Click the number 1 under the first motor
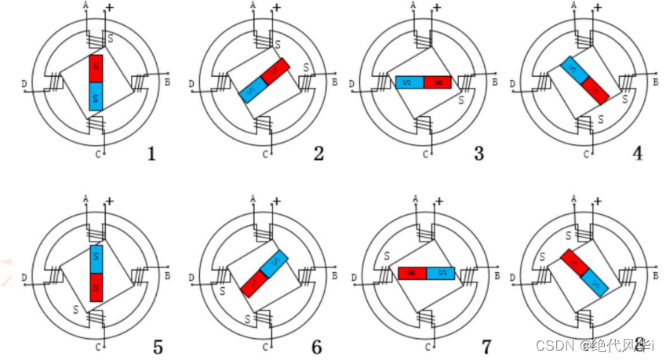pyautogui.click(x=151, y=153)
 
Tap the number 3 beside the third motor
pyautogui.click(x=479, y=153)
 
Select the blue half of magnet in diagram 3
pyautogui.click(x=409, y=82)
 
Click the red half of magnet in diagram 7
pyautogui.click(x=413, y=273)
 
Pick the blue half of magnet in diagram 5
pyautogui.click(x=96, y=259)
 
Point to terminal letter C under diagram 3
pyautogui.click(x=425, y=154)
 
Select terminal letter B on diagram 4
pyautogui.click(x=656, y=81)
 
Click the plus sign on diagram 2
pyautogui.click(x=275, y=9)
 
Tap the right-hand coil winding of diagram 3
pyautogui.click(x=464, y=82)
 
